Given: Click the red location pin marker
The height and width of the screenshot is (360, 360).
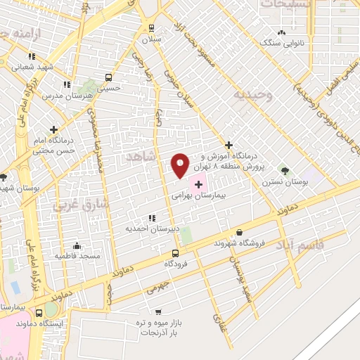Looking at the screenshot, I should tap(180, 165).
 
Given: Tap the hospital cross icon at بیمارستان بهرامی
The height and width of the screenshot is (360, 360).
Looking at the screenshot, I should tap(198, 184).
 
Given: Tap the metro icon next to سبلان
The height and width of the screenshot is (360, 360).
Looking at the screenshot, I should tap(151, 28).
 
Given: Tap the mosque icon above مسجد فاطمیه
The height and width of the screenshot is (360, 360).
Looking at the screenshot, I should tap(77, 245).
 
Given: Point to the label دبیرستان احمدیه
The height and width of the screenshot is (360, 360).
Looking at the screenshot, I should tap(149, 229).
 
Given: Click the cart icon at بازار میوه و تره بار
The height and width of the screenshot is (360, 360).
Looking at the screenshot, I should tap(158, 311).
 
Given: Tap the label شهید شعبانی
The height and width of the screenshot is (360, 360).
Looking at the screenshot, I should tap(33, 67).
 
